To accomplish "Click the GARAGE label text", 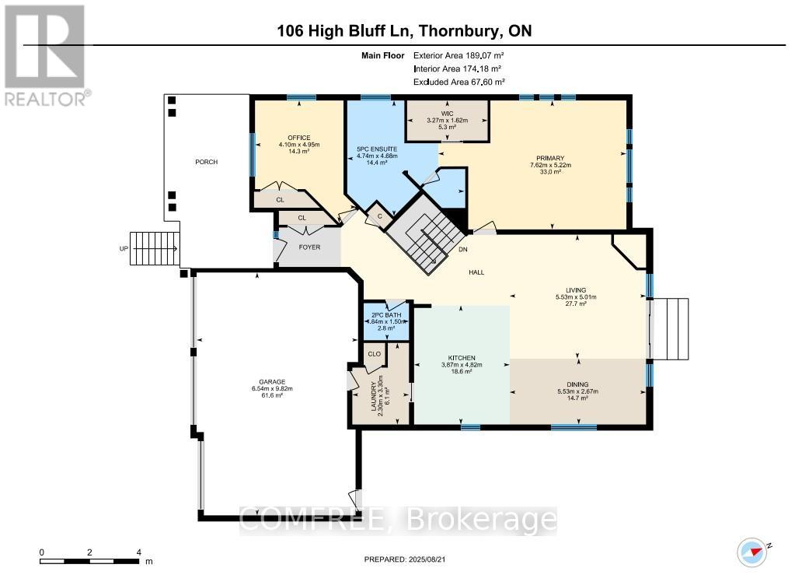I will [x=271, y=382].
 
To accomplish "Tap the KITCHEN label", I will [x=461, y=358].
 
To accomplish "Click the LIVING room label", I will [x=576, y=289].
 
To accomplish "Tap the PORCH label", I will [x=207, y=162].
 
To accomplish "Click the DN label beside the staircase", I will [x=463, y=250].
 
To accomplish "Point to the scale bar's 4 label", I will [x=138, y=552].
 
